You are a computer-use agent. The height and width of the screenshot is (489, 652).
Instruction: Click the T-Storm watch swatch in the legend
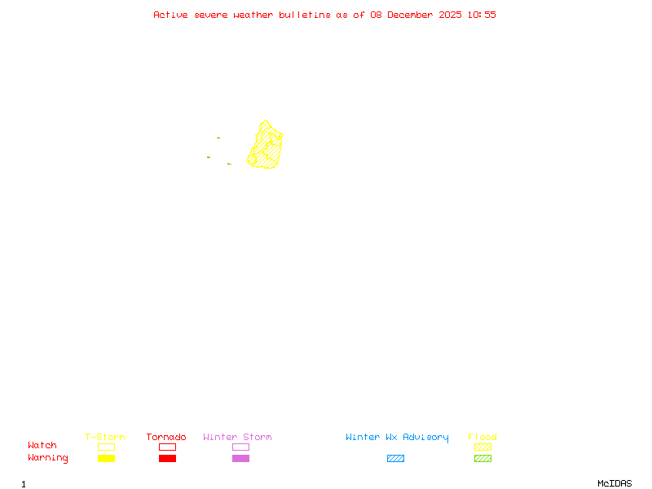[x=106, y=447]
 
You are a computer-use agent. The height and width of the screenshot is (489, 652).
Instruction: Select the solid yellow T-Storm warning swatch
[x=106, y=459]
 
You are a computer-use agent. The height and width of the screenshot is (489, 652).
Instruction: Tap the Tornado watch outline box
[x=167, y=447]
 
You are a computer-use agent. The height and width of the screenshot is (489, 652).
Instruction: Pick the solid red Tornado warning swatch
[x=167, y=459]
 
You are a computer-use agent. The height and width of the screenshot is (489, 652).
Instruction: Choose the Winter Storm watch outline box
[x=240, y=447]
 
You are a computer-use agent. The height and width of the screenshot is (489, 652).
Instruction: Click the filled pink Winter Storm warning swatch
[x=240, y=459]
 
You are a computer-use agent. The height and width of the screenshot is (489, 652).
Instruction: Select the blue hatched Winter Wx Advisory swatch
[x=395, y=459]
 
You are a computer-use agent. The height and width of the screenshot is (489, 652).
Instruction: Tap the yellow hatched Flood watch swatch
[x=482, y=447]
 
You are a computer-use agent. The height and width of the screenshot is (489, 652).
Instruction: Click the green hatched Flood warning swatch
[x=482, y=459]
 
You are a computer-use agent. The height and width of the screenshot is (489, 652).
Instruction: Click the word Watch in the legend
[x=42, y=446]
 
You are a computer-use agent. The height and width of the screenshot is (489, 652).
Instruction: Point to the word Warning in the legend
[x=48, y=458]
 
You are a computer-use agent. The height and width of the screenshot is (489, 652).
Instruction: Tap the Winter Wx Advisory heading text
[x=397, y=438]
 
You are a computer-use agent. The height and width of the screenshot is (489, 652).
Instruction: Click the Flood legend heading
[x=482, y=438]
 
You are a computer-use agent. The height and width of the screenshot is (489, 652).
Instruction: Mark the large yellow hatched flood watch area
[x=267, y=147]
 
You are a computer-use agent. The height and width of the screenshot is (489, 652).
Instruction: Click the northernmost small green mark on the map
[x=218, y=138]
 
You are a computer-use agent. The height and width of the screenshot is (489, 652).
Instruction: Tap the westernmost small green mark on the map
[x=209, y=156]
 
